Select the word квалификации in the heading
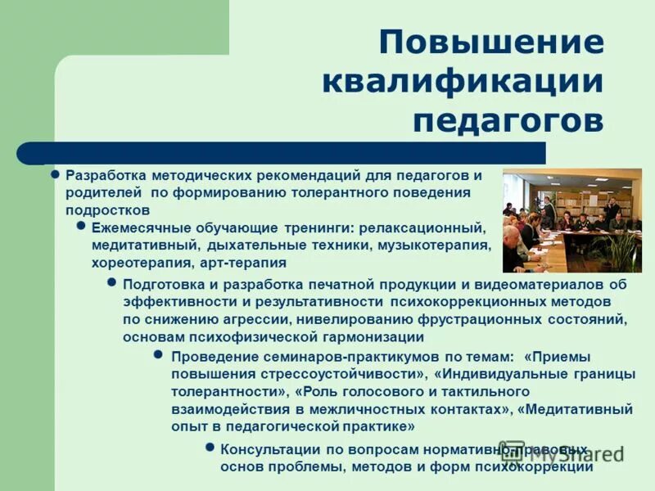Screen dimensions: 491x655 463,81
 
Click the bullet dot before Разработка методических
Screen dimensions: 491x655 56,174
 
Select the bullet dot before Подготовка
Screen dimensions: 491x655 112,282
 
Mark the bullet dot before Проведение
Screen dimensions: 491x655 160,354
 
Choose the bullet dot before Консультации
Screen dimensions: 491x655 210,448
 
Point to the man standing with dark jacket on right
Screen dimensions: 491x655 612,208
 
